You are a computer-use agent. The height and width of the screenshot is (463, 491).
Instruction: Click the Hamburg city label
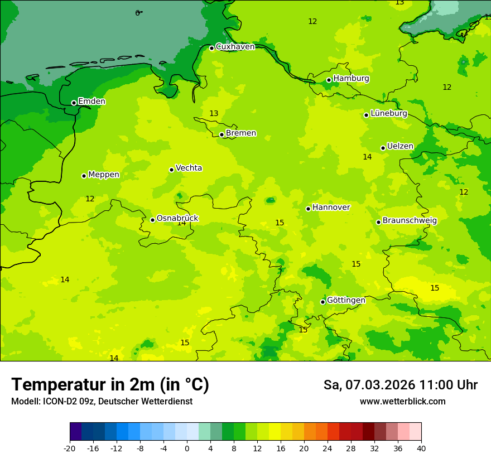pyautogui.click(x=351, y=79)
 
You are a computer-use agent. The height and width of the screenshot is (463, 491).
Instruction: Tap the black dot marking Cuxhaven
pyautogui.click(x=211, y=48)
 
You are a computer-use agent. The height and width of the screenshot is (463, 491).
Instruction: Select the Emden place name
pyautogui.click(x=92, y=102)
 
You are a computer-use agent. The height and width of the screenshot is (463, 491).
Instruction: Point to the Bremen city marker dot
pyautogui.click(x=222, y=134)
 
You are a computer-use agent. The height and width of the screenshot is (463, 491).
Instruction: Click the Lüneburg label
pyautogui.click(x=388, y=113)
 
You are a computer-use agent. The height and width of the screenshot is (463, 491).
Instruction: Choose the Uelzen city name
pyautogui.click(x=400, y=146)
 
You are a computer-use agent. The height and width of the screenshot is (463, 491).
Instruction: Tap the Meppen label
pyautogui.click(x=104, y=175)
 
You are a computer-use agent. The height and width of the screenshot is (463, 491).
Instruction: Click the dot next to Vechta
pyautogui.click(x=171, y=170)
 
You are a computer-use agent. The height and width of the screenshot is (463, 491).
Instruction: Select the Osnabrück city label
pyautogui.click(x=177, y=218)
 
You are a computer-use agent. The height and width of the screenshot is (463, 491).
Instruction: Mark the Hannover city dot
pyautogui.click(x=308, y=209)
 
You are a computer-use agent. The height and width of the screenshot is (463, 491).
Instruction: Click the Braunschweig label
pyautogui.click(x=410, y=220)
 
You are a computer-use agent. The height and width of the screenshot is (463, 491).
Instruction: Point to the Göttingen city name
pyautogui.click(x=346, y=300)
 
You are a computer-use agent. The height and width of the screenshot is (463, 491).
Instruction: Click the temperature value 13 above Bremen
pyautogui.click(x=214, y=114)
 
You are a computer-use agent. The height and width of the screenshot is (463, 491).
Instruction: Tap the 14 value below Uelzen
pyautogui.click(x=367, y=157)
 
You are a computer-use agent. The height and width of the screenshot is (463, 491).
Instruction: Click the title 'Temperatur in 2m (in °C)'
pyautogui.click(x=110, y=384)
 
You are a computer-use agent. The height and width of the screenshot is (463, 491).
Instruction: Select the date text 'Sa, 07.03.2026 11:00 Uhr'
pyautogui.click(x=400, y=385)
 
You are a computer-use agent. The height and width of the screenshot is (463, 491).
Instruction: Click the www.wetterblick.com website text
pyautogui.click(x=402, y=402)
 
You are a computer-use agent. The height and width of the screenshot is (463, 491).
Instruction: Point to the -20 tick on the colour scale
pyautogui.click(x=70, y=448)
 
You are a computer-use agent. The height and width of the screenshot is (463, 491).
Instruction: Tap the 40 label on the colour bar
pyautogui.click(x=421, y=448)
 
